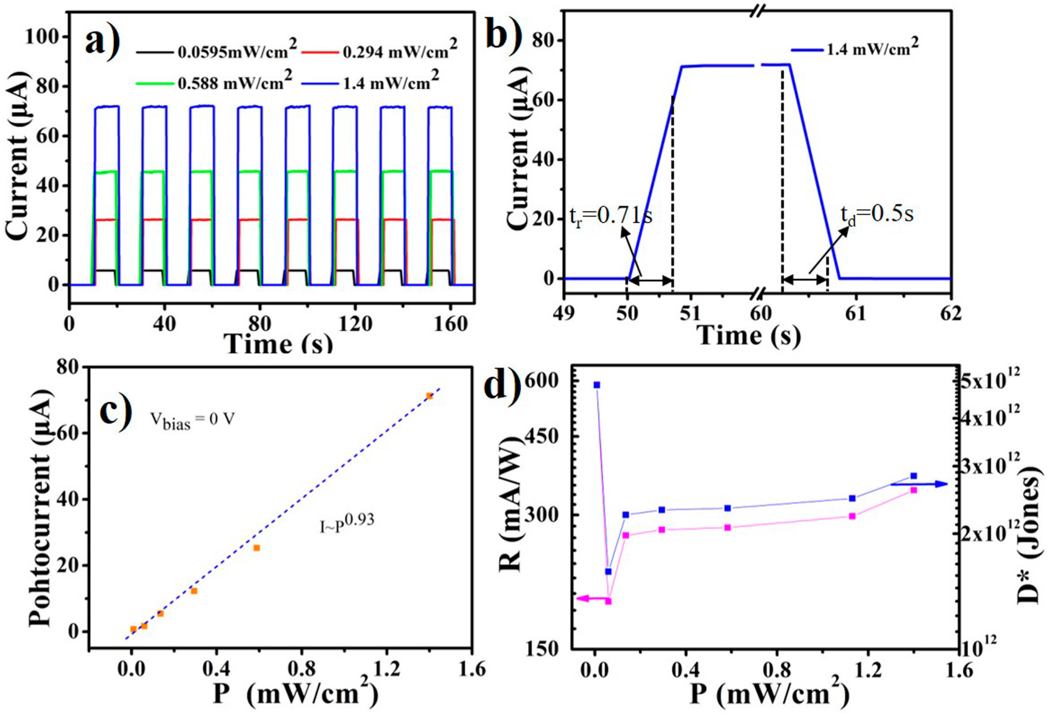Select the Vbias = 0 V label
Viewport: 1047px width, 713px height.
[x=192, y=421]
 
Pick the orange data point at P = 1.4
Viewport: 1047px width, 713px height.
[x=429, y=396]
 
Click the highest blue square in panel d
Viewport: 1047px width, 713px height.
[x=597, y=385]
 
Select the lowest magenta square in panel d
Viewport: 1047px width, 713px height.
[x=608, y=601]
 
